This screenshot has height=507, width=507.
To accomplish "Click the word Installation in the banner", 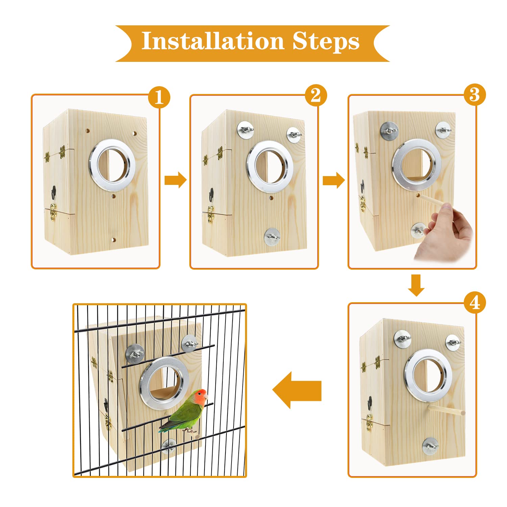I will click(x=212, y=41).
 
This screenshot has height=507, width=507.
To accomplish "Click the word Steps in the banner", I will click(x=325, y=42).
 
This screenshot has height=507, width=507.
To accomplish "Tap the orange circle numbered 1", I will click(x=159, y=97).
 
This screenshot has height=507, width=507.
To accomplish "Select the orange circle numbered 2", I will click(x=316, y=95).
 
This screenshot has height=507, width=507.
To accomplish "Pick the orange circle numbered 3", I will click(x=475, y=95).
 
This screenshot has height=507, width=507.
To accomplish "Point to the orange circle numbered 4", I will click(x=475, y=303).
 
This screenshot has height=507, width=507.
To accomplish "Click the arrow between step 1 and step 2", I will click(x=175, y=180).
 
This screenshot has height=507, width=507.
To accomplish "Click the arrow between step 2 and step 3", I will click(x=334, y=180).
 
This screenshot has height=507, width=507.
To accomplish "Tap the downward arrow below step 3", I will click(x=416, y=285).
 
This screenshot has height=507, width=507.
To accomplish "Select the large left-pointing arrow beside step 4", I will click(x=297, y=390).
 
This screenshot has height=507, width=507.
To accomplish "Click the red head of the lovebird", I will click(x=200, y=396).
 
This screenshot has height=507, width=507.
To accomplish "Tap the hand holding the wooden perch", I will click(x=446, y=233).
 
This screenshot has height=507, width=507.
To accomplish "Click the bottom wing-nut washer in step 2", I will click(x=272, y=237).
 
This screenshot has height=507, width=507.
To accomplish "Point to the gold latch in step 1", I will click(x=53, y=211).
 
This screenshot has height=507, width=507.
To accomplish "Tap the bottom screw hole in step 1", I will click(x=114, y=240).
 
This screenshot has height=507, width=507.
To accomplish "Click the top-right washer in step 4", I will click(x=453, y=342).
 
